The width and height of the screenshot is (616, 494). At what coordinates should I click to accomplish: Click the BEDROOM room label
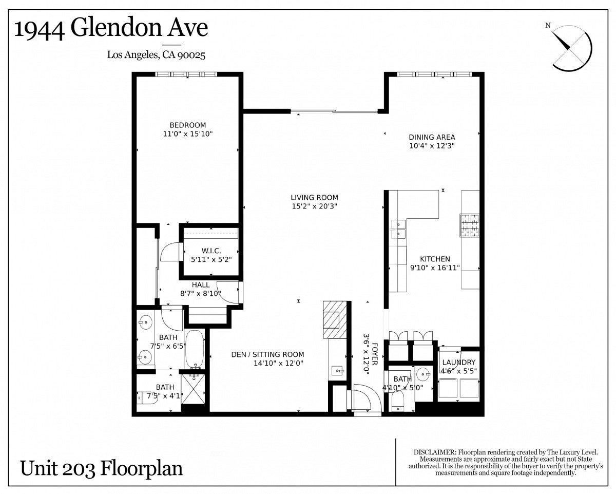pyautogui.click(x=188, y=125)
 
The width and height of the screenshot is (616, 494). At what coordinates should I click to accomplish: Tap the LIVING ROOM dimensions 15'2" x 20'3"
pyautogui.click(x=314, y=206)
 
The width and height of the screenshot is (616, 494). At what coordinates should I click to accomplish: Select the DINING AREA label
pyautogui.click(x=432, y=137)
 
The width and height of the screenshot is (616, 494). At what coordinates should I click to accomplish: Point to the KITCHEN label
pyautogui.click(x=435, y=259)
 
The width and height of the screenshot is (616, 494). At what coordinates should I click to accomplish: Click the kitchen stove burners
pyautogui.click(x=469, y=225)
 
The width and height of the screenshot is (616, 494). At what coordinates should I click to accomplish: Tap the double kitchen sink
pyautogui.click(x=398, y=229)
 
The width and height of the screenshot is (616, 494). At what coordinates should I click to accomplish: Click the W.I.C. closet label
pyautogui.click(x=211, y=251)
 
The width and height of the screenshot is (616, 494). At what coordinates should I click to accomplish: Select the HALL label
pyautogui.click(x=201, y=284)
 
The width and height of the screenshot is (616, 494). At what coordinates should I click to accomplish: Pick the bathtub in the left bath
pyautogui.click(x=195, y=350)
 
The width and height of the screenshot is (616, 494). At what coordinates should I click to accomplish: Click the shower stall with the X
pyautogui.click(x=194, y=389)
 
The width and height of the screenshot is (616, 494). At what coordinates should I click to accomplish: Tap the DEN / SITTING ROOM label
pyautogui.click(x=267, y=354)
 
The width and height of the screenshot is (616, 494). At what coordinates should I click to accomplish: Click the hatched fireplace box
pyautogui.click(x=335, y=319)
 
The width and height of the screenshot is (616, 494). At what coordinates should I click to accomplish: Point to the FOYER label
pyautogui.click(x=375, y=354)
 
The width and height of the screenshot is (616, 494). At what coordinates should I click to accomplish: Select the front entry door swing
pyautogui.click(x=368, y=398)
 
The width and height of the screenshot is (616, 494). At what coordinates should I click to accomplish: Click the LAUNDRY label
pyautogui.click(x=458, y=362)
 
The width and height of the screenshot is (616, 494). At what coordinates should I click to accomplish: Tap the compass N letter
pyautogui.click(x=548, y=26)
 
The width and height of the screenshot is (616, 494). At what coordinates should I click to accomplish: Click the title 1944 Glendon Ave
pyautogui.click(x=111, y=28)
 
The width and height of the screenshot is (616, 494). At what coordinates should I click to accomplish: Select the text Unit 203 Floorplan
pyautogui.click(x=101, y=468)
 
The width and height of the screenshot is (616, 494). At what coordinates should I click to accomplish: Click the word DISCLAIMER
pyautogui.click(x=435, y=452)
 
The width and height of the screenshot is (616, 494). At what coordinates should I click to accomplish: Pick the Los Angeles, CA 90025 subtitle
pyautogui.click(x=156, y=55)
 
